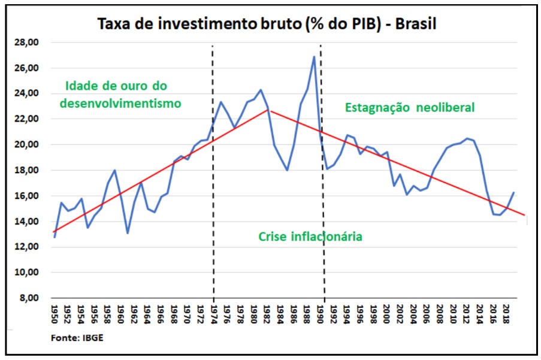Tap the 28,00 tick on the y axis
pyautogui.click(x=28, y=43)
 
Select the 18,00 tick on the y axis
pyautogui.click(x=28, y=170)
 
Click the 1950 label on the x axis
pyautogui.click(x=54, y=313)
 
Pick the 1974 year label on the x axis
pyautogui.click(x=214, y=313)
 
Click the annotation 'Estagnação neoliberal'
pyautogui.click(x=410, y=108)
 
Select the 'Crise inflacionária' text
pyautogui.click(x=310, y=237)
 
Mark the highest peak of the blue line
pyautogui.click(x=314, y=57)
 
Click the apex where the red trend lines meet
pyautogui.click(x=269, y=110)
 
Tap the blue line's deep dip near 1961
pyautogui.click(x=128, y=232)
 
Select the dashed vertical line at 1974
pyautogui.click(x=213, y=180)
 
